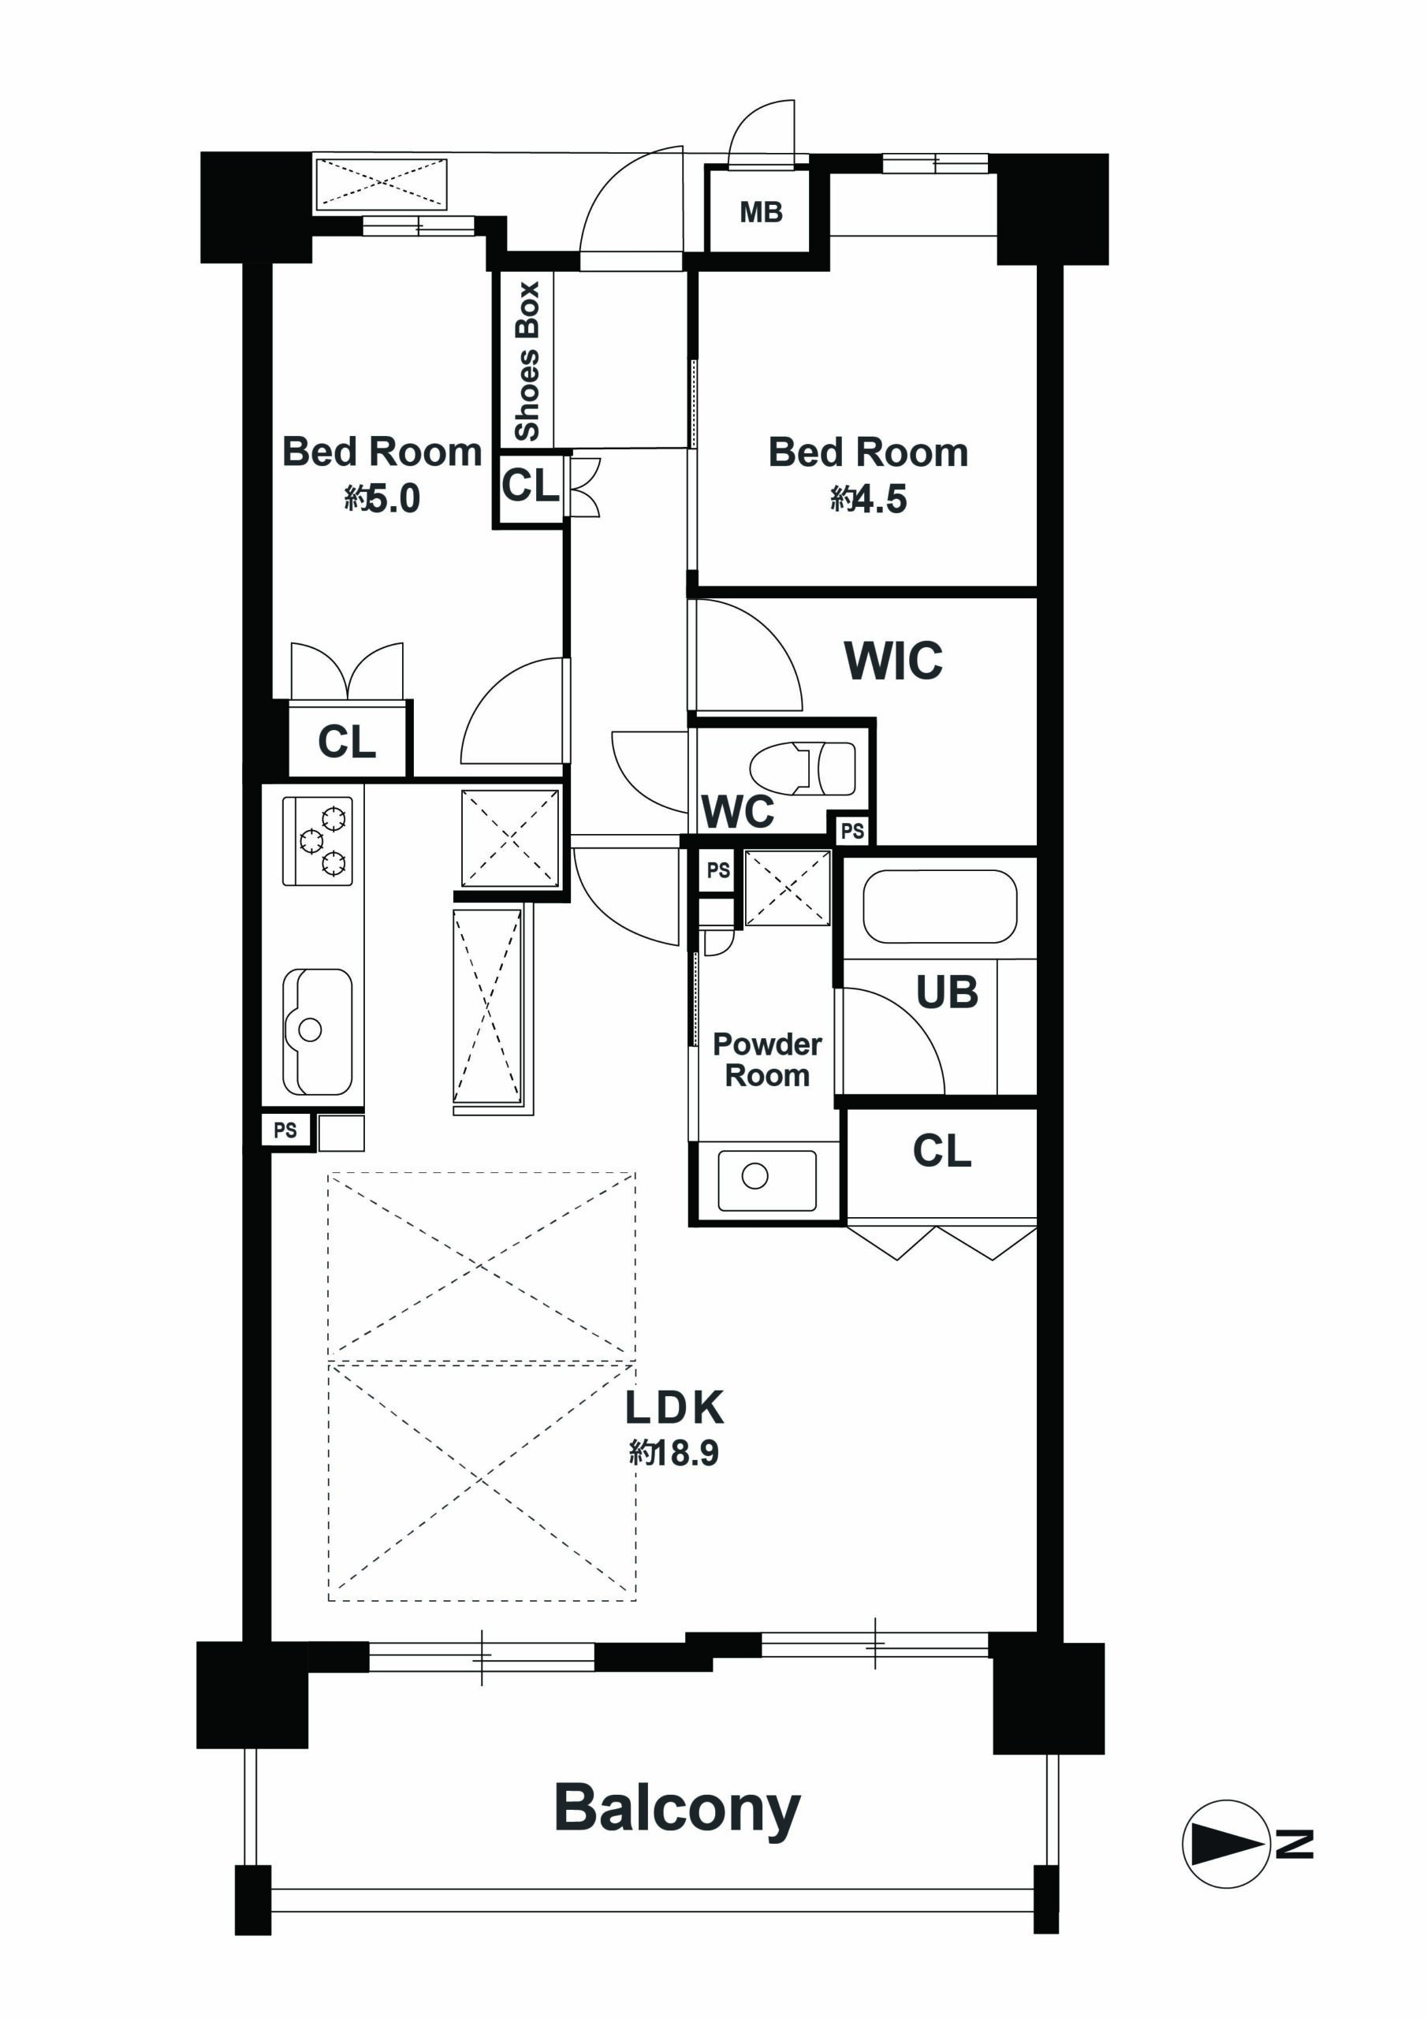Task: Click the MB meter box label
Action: pos(761,212)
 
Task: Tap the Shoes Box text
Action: pos(526,360)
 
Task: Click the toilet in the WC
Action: pos(802,768)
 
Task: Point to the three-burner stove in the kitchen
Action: pos(318,840)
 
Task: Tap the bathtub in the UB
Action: pos(940,907)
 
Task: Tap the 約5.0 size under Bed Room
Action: pos(382,499)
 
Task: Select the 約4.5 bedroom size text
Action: pos(868,499)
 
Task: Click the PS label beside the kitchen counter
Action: pos(285,1130)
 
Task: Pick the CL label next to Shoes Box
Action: pos(530,484)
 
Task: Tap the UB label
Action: pos(947,992)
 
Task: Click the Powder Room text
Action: pos(766,1059)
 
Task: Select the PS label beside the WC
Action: pos(852,831)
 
